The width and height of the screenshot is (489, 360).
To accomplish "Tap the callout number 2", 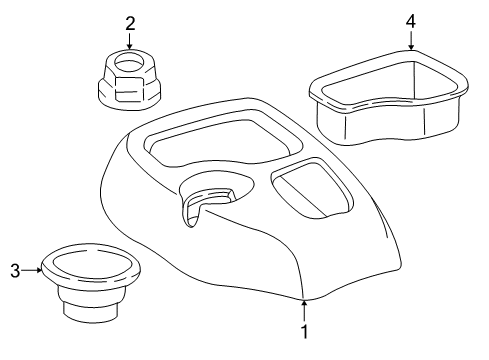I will (129, 22).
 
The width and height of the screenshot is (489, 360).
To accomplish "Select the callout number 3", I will (15, 269).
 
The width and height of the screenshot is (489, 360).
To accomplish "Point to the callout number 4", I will (411, 19).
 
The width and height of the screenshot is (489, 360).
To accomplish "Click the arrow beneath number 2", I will (129, 42).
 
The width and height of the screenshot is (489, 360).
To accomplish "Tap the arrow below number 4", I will (411, 40).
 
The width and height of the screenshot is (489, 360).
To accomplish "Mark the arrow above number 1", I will (304, 304).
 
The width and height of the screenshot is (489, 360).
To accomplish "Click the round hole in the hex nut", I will (128, 64).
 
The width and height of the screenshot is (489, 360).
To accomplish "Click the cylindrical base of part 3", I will (92, 304).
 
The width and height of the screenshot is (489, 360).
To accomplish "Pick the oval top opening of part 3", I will (91, 266).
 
